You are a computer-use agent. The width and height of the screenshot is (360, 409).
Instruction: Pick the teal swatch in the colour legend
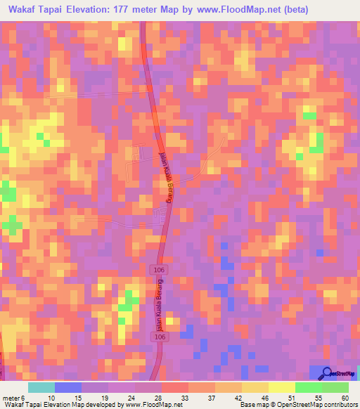point(41,387)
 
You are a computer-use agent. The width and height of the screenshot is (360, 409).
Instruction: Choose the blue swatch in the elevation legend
point(68,387)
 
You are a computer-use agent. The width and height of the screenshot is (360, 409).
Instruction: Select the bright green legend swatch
point(308,387)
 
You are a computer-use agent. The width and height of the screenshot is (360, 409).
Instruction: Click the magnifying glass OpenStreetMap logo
point(326,373)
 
